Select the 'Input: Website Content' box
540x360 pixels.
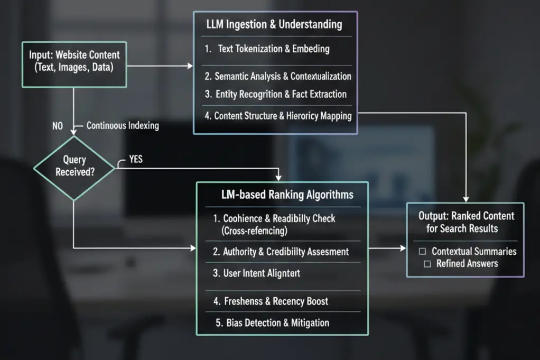pos(74,61)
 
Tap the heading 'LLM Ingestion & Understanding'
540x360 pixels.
pos(274,24)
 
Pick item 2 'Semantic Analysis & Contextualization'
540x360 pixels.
pos(277,76)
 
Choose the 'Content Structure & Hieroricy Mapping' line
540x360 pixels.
pos(278,116)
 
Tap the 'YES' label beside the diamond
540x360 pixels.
pos(135,159)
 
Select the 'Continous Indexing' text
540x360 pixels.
pos(123,126)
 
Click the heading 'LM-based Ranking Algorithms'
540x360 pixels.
pos(287,195)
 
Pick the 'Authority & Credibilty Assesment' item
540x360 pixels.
pos(281,252)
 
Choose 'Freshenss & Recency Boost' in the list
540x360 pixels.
pos(271,301)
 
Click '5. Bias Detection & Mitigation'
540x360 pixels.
pos(271,322)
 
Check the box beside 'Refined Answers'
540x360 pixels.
pos(427,263)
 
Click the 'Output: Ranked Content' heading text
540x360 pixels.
pos(466,216)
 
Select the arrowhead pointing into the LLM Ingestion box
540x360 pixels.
pos(190,66)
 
